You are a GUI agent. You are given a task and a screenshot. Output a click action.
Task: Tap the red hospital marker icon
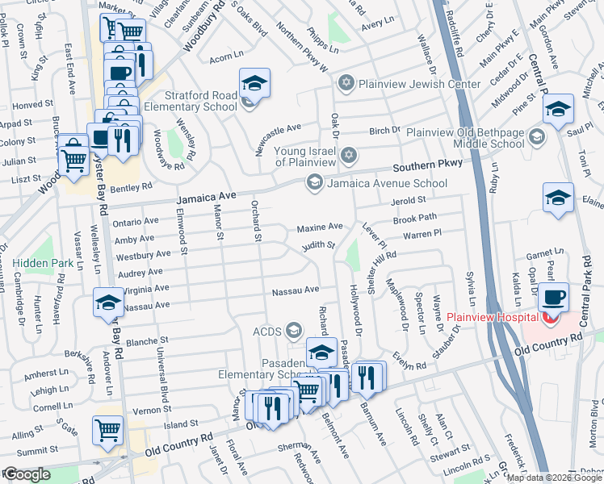point(551,318)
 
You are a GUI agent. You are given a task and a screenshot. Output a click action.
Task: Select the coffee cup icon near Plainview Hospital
point(554,296)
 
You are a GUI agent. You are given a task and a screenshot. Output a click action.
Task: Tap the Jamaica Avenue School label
point(386,183)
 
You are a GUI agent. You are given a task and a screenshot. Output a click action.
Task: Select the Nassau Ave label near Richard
point(295,290)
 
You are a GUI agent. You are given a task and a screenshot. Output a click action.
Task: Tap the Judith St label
point(319,245)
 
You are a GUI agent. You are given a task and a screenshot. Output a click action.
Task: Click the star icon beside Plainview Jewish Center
point(346,82)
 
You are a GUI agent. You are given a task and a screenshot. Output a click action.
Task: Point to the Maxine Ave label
point(319,227)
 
